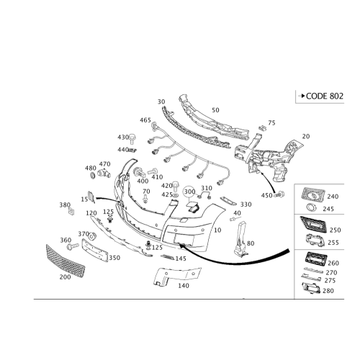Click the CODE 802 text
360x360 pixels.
(325, 96)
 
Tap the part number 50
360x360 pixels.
(215, 110)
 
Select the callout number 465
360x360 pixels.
(145, 120)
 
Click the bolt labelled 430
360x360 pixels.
(132, 139)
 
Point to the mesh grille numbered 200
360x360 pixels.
(66, 261)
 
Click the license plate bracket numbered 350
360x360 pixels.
(95, 250)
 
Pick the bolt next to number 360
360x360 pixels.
(73, 246)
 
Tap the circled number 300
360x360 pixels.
(189, 192)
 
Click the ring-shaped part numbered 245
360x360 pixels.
(312, 207)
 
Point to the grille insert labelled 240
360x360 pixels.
(312, 194)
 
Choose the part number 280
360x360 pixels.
(328, 291)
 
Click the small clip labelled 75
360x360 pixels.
(263, 128)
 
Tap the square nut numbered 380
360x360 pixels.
(71, 212)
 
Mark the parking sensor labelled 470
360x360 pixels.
(104, 173)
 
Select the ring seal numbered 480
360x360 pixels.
(93, 176)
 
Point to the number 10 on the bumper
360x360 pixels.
(217, 230)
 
